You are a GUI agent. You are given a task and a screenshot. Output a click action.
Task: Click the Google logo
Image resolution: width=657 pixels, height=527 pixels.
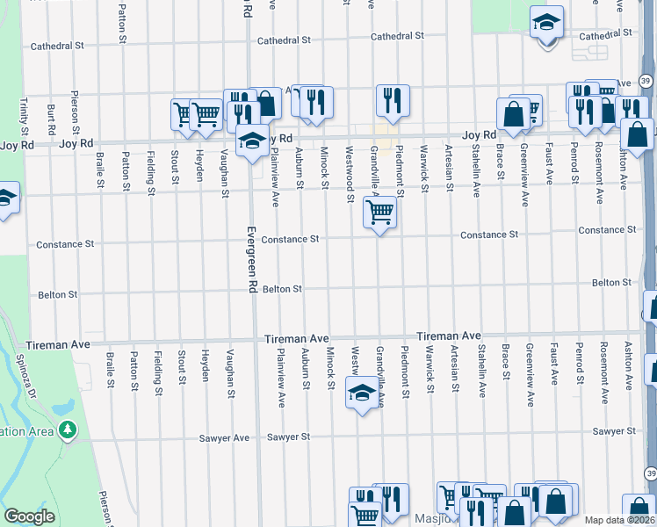click(29, 516)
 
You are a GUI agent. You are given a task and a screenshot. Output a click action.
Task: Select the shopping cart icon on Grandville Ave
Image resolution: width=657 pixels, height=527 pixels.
click(379, 212)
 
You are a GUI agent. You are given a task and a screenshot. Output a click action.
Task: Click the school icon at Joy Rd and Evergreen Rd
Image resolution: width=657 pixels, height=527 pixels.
click(252, 141)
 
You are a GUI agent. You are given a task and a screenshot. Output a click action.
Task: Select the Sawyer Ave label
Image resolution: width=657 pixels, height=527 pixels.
click(229, 437)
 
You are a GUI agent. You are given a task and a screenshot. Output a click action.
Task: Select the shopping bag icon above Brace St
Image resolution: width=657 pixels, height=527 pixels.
click(512, 114)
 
